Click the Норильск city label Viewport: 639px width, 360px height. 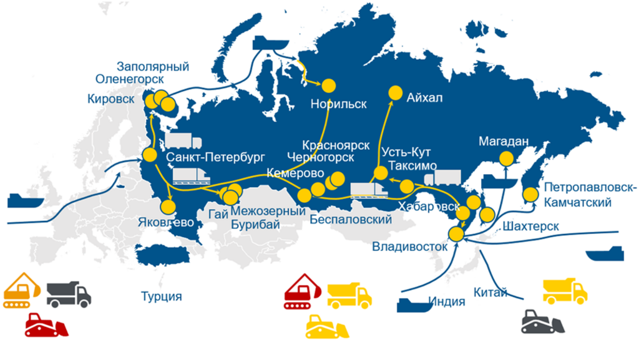tap(339, 104)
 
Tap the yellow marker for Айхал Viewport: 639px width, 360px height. tap(396, 92)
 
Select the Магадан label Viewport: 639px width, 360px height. tap(504, 141)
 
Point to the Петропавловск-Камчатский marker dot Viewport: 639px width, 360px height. tap(530, 196)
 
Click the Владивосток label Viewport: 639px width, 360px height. tap(410, 245)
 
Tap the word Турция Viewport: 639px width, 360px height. tap(161, 296)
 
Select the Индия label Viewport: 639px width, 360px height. tap(447, 302)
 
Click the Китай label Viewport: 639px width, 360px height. tap(490, 292)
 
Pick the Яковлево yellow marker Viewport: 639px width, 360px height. tap(167, 207)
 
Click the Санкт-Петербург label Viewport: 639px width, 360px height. tap(216, 157)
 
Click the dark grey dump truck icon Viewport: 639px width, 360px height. tap(69, 293)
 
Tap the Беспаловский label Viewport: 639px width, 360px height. tap(350, 219)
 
